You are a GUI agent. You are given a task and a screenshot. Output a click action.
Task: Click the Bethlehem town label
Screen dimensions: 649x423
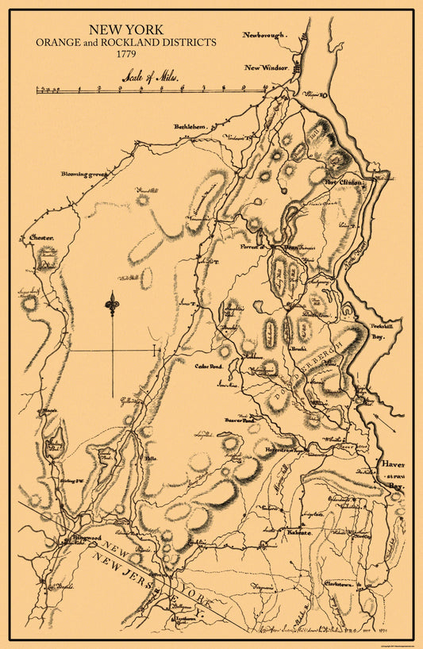191,127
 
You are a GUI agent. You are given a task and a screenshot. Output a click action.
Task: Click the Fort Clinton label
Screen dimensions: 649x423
345,182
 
